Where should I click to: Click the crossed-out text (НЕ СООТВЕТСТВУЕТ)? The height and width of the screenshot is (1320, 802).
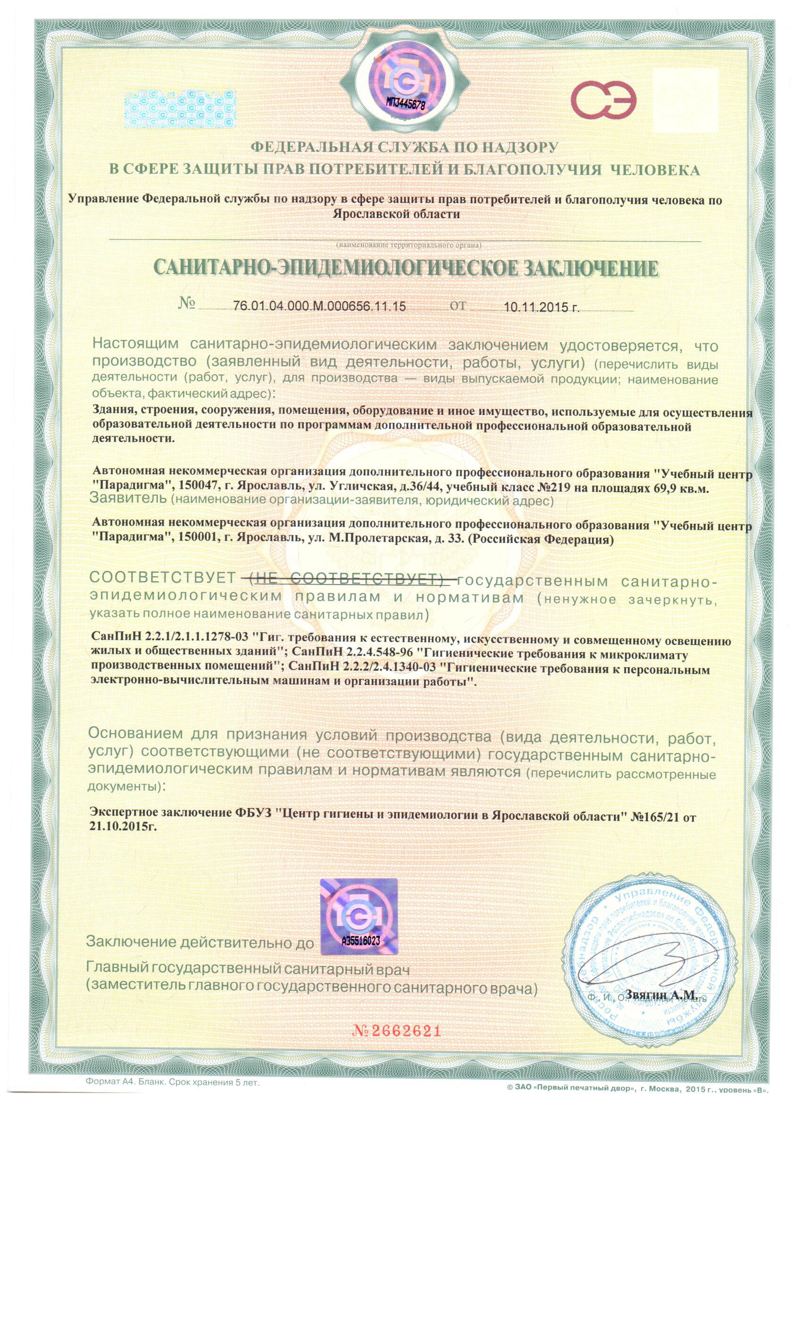click(351, 580)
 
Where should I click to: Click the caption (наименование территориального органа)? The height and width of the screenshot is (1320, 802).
click(409, 245)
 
